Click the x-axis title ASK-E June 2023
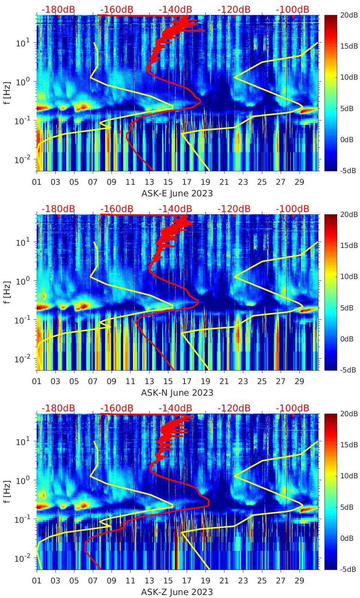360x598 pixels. click(177, 193)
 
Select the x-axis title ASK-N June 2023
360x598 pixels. click(177, 393)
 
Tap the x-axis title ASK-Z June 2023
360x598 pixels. click(177, 592)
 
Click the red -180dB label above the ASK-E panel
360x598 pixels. click(58, 9)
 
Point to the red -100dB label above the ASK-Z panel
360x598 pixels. click(292, 408)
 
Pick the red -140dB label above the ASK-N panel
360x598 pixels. click(175, 209)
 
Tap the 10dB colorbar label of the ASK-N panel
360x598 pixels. click(348, 276)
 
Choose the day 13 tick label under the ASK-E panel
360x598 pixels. click(149, 182)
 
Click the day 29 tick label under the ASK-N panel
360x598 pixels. click(299, 381)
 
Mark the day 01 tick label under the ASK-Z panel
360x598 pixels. click(37, 581)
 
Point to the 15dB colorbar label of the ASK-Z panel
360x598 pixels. click(348, 445)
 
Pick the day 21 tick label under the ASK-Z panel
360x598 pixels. click(224, 581)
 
